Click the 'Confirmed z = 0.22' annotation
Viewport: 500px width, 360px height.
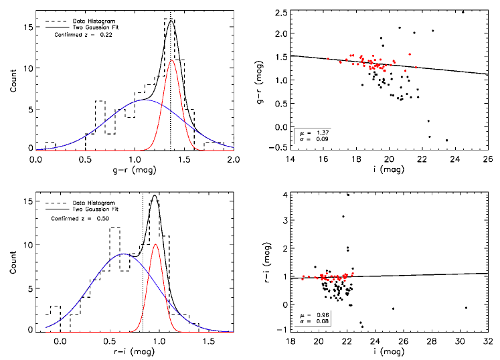pos(84,36)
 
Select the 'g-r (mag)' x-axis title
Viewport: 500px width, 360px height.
pos(135,171)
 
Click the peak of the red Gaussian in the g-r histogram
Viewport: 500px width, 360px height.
pos(171,60)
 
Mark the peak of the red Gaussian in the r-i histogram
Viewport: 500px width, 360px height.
pos(155,244)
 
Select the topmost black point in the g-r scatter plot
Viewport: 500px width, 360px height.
pos(463,11)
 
